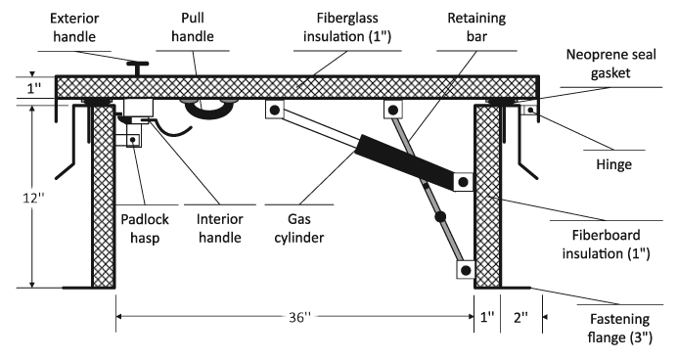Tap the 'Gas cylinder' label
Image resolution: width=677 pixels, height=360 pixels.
[x=300, y=227]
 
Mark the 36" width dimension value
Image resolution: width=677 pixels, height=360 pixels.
[x=297, y=318]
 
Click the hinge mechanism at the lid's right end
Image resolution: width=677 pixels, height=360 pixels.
[x=530, y=111]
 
